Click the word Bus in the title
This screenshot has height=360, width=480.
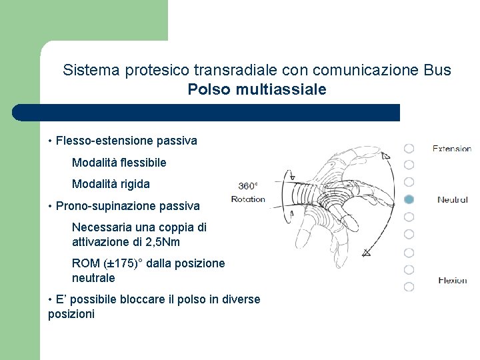tap(437, 70)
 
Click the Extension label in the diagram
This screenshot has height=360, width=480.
tap(451, 149)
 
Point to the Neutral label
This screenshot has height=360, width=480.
tap(453, 199)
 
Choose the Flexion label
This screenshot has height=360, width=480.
tap(453, 280)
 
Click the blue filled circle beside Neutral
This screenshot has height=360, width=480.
tap(409, 199)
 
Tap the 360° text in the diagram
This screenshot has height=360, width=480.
tap(248, 186)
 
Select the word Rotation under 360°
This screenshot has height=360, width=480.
tap(248, 199)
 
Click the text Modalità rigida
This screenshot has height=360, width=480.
tap(111, 183)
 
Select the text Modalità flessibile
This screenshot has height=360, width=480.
tap(119, 162)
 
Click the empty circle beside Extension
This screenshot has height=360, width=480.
tap(409, 148)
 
